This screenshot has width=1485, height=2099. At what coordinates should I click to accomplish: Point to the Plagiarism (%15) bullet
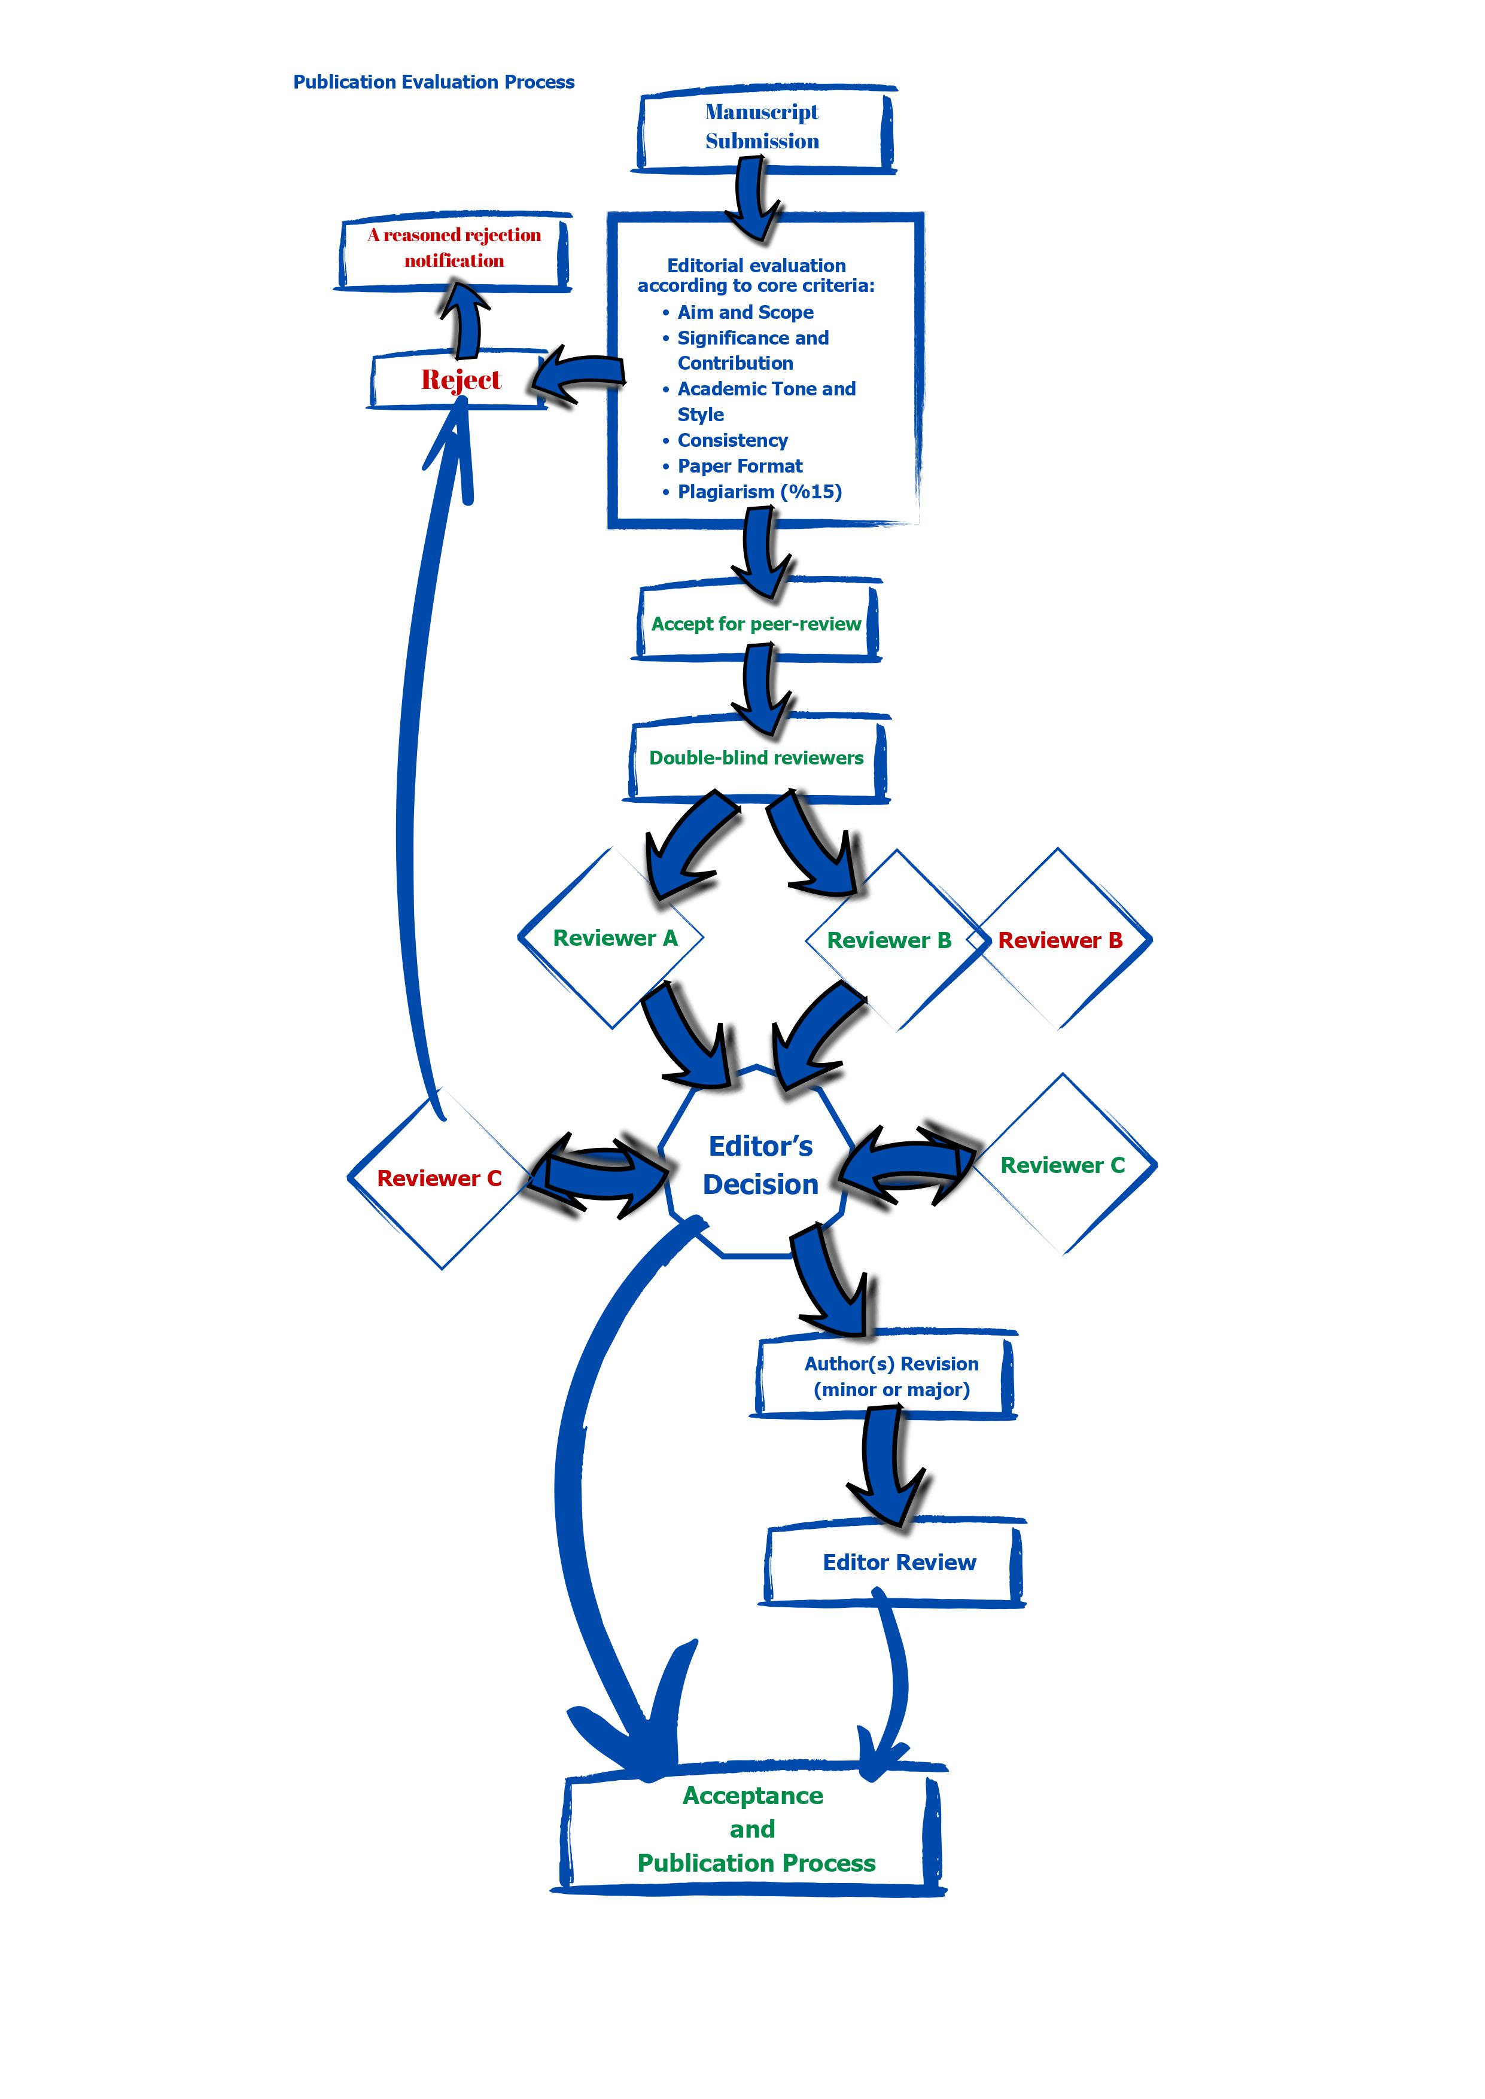753,492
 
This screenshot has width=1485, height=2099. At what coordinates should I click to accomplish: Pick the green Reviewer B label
889,941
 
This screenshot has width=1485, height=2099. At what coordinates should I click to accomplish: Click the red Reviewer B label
1060,941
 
